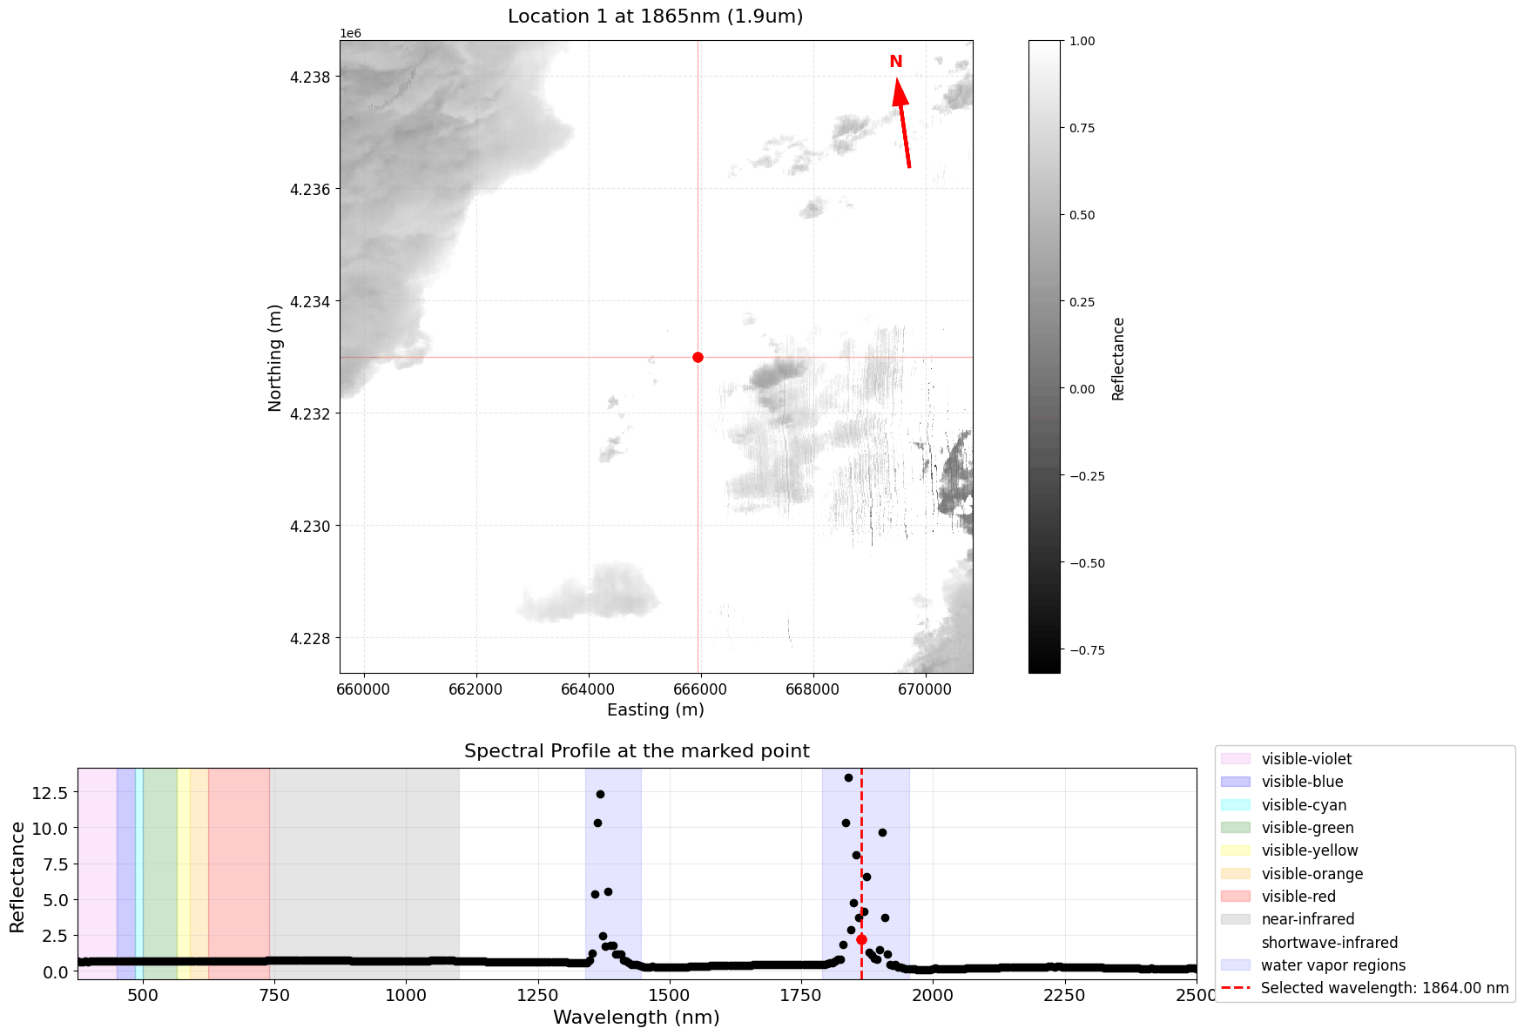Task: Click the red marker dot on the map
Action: (698, 357)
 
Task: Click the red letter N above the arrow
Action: (895, 62)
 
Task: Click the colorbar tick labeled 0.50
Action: (1082, 215)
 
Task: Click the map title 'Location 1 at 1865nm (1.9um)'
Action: (655, 17)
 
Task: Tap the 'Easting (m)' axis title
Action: (655, 709)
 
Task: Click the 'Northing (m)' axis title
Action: (275, 357)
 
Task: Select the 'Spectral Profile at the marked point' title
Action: (637, 750)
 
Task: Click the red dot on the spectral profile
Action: (861, 939)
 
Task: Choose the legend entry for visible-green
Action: (1307, 828)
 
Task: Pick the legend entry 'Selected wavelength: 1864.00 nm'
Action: (1384, 988)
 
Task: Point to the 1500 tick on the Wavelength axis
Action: (668, 993)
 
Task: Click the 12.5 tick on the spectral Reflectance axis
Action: (50, 792)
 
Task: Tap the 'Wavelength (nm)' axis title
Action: (637, 1017)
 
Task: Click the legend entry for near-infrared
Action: (1307, 919)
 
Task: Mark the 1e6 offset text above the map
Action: (350, 33)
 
